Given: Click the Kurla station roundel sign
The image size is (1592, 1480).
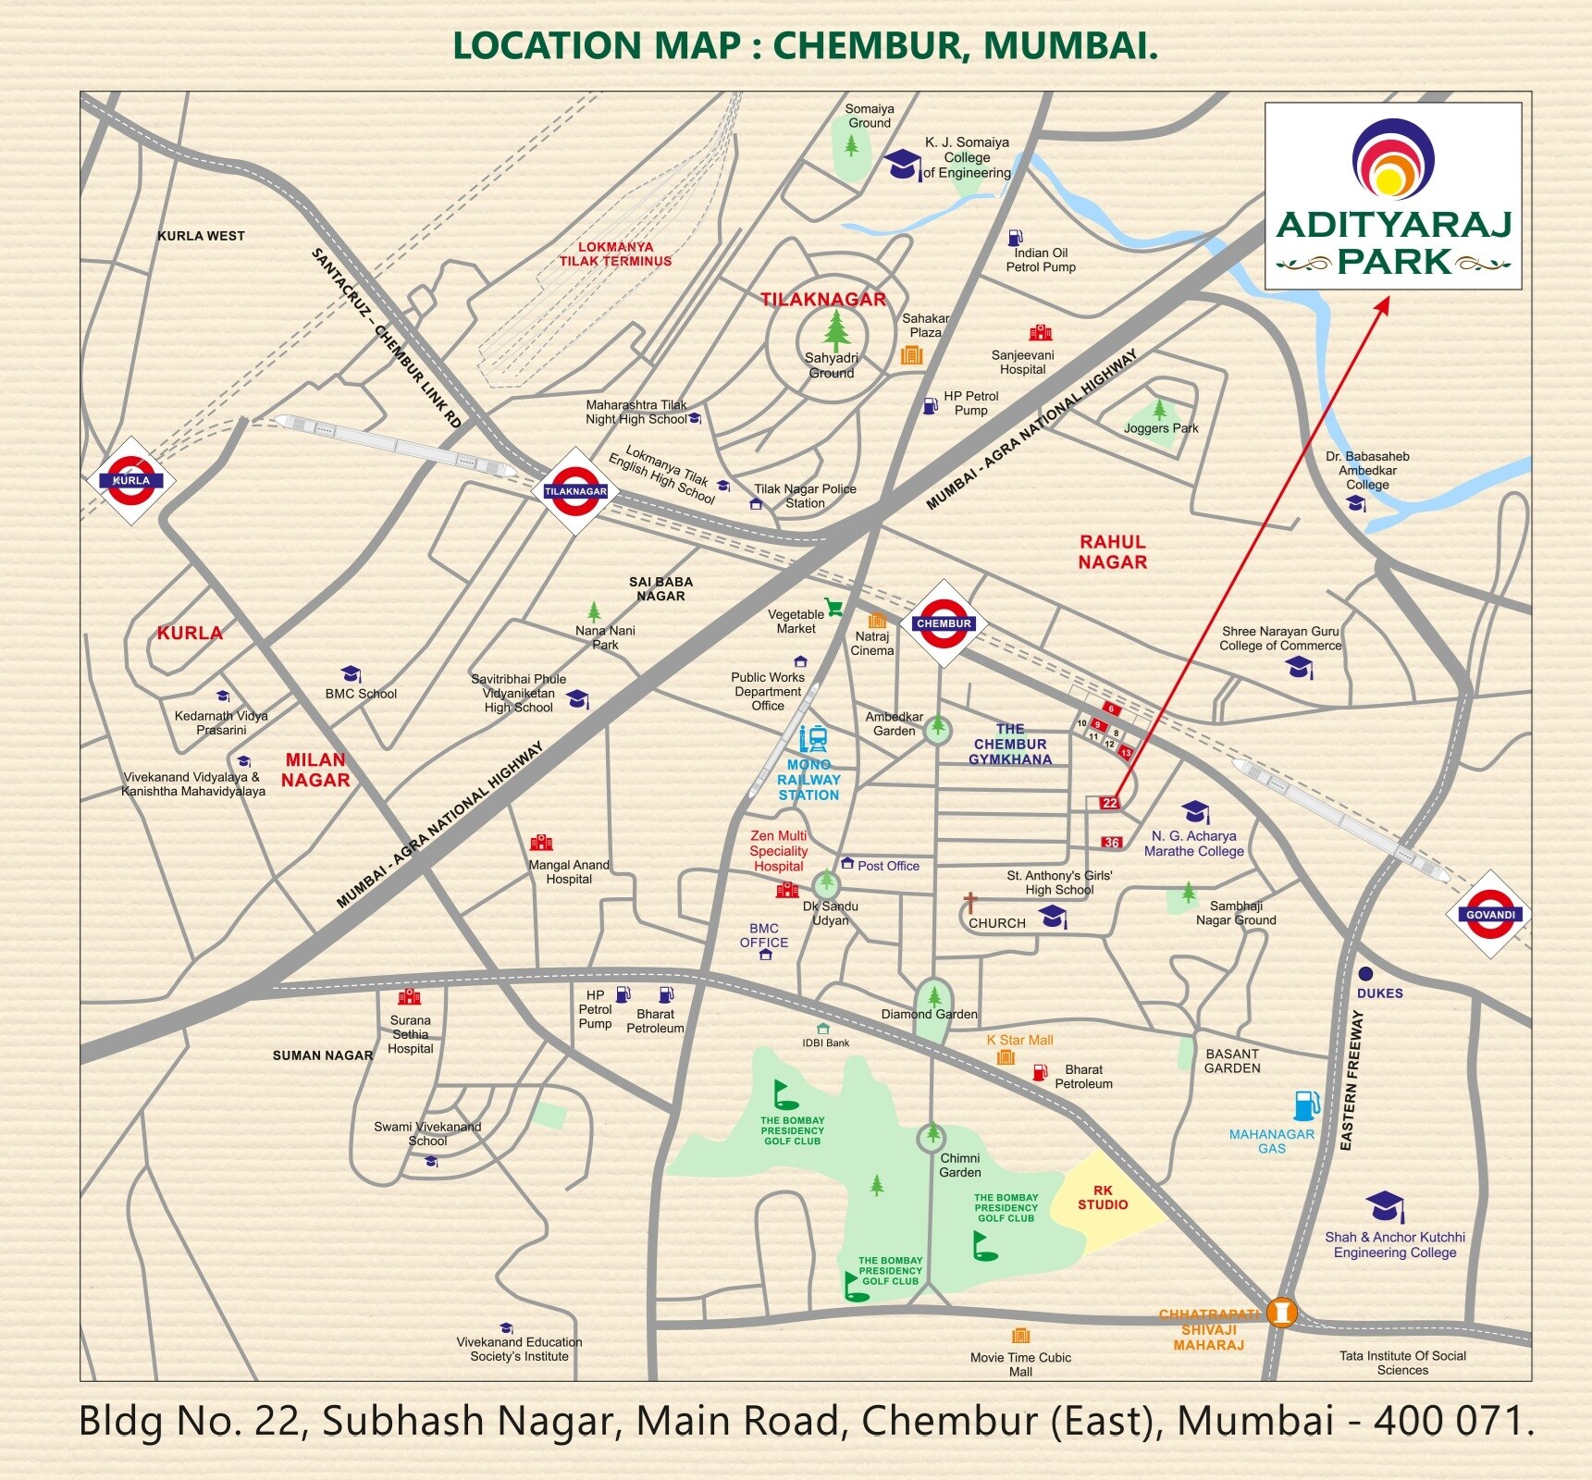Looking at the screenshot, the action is click(x=130, y=480).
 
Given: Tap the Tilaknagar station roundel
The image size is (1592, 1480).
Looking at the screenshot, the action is click(x=575, y=491).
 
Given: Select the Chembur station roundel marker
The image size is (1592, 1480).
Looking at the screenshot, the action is click(x=944, y=623).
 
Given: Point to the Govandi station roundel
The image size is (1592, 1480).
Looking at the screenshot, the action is click(x=1490, y=914).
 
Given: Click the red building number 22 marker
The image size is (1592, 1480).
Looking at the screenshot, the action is click(x=1109, y=803).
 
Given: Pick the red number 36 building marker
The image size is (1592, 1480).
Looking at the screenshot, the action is click(x=1112, y=842).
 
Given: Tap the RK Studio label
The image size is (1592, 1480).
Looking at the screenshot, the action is click(x=1103, y=1197).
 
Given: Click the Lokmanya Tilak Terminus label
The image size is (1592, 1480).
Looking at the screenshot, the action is click(x=615, y=254).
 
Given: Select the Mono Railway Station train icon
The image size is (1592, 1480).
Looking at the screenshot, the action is click(x=813, y=739).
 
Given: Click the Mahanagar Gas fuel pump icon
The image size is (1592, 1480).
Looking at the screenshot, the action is click(x=1305, y=1105).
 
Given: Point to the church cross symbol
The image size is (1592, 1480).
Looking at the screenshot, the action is click(x=970, y=902).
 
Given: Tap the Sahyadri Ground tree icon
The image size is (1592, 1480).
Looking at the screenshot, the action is click(x=836, y=330).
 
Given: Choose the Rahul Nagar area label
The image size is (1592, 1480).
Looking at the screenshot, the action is click(x=1113, y=551).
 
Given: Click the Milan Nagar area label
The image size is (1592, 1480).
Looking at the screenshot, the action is click(x=315, y=770).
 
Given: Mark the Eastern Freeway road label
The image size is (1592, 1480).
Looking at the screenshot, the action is click(x=1351, y=1080).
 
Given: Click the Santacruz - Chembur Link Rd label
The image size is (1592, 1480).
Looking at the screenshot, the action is click(x=386, y=338).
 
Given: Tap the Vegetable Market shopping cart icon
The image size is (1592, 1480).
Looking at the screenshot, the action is click(x=834, y=608).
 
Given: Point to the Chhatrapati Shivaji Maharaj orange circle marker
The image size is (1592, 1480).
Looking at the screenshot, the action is click(x=1281, y=1312).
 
